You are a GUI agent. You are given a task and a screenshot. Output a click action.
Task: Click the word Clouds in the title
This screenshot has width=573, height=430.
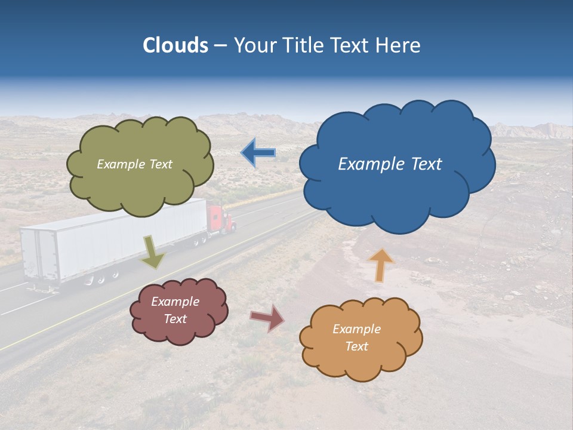[x=175, y=45]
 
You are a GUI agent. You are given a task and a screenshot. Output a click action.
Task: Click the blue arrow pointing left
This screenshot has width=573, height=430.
[x=258, y=153]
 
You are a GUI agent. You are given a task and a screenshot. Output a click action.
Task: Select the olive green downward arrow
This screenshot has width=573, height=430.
[x=153, y=252]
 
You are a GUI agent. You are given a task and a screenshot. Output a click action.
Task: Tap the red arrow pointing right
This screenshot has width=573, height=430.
[x=267, y=318]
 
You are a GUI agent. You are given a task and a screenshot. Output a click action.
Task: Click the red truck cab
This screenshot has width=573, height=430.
[x=220, y=219]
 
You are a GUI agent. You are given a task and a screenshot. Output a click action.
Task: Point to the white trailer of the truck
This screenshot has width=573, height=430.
[x=119, y=239]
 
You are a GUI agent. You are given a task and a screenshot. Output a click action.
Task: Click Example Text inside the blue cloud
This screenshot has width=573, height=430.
[x=390, y=164]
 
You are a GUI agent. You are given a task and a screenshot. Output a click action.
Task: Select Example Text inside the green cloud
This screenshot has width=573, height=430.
[x=134, y=164]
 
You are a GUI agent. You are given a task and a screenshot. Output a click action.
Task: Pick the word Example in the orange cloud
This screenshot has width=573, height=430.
[x=356, y=329]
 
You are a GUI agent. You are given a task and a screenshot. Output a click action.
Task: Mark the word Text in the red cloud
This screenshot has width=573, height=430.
[x=175, y=319]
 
